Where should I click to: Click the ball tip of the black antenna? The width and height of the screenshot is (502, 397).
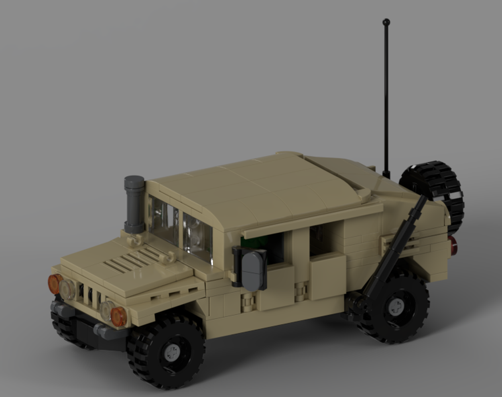(x=386, y=22)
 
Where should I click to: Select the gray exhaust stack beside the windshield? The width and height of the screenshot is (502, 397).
(x=134, y=204)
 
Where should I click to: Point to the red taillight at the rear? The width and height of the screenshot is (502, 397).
(x=453, y=245)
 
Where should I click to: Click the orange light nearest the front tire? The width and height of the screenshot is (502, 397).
(x=118, y=316)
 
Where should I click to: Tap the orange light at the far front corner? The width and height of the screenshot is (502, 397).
(x=54, y=284)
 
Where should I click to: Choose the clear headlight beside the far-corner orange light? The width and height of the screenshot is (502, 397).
(x=67, y=289)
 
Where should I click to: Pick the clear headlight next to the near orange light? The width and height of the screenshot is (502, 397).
(x=106, y=310)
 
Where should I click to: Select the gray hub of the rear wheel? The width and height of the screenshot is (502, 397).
(x=396, y=306)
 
